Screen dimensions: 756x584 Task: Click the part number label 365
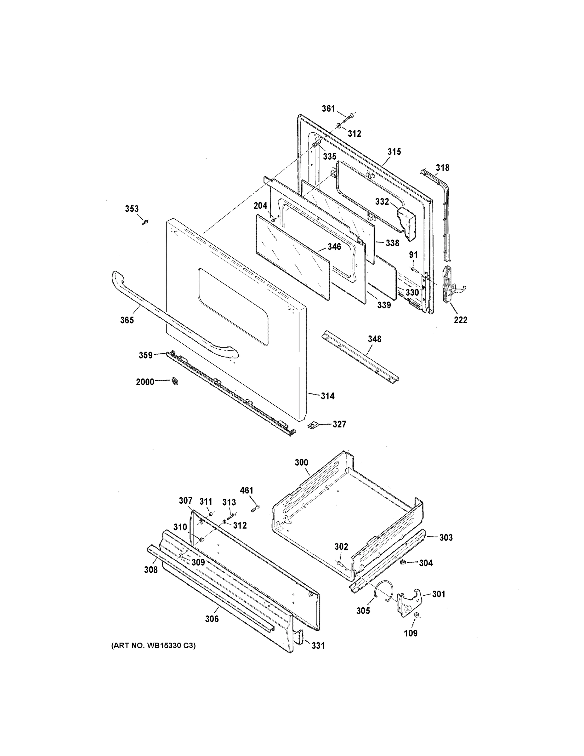127,320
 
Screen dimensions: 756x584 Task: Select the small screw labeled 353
145,222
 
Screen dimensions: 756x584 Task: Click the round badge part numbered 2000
176,381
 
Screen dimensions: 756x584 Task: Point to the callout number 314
327,396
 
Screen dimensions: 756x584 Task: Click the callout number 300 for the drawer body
301,462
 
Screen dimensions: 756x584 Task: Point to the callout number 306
212,619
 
